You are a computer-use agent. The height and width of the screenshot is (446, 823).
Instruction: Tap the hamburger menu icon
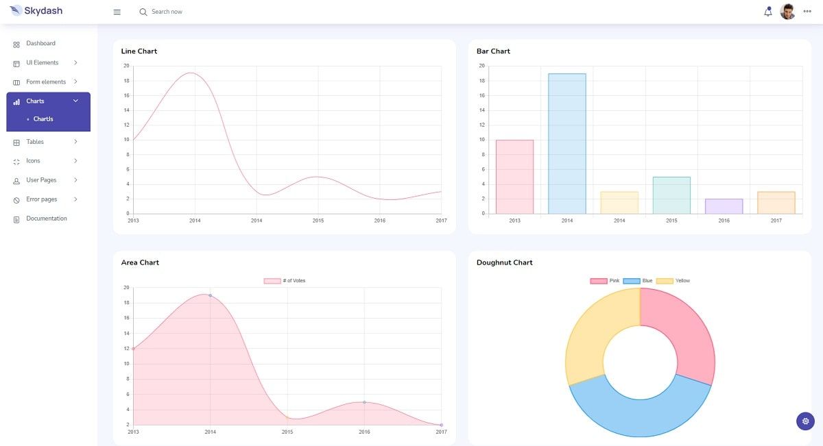click(117, 12)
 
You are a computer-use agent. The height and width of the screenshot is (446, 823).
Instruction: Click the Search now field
click(167, 12)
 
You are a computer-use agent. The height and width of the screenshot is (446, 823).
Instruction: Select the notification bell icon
click(767, 12)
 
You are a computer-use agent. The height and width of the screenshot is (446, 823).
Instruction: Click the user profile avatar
click(787, 12)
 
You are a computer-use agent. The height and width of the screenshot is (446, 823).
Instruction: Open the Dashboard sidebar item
click(40, 44)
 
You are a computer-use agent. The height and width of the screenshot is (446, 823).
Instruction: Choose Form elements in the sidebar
click(46, 82)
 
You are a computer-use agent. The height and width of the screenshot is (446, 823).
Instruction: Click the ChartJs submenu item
click(43, 119)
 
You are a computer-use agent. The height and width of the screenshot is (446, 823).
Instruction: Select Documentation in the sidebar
click(47, 219)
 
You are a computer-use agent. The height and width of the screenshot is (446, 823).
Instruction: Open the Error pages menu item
click(42, 199)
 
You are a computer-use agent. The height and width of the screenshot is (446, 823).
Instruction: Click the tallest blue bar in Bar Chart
click(566, 144)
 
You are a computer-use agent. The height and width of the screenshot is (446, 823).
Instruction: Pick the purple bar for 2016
click(724, 206)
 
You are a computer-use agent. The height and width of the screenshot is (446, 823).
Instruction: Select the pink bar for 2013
click(514, 177)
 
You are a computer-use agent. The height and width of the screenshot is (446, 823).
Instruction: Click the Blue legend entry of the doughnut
click(638, 281)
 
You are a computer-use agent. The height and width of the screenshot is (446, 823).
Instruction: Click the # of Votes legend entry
click(285, 281)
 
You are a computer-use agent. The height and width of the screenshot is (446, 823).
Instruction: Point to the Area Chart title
click(140, 263)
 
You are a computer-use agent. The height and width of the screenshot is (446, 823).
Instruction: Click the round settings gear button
click(805, 421)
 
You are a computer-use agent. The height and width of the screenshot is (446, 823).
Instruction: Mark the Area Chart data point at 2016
click(364, 402)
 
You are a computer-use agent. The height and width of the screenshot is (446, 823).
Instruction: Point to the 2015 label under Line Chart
click(318, 221)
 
